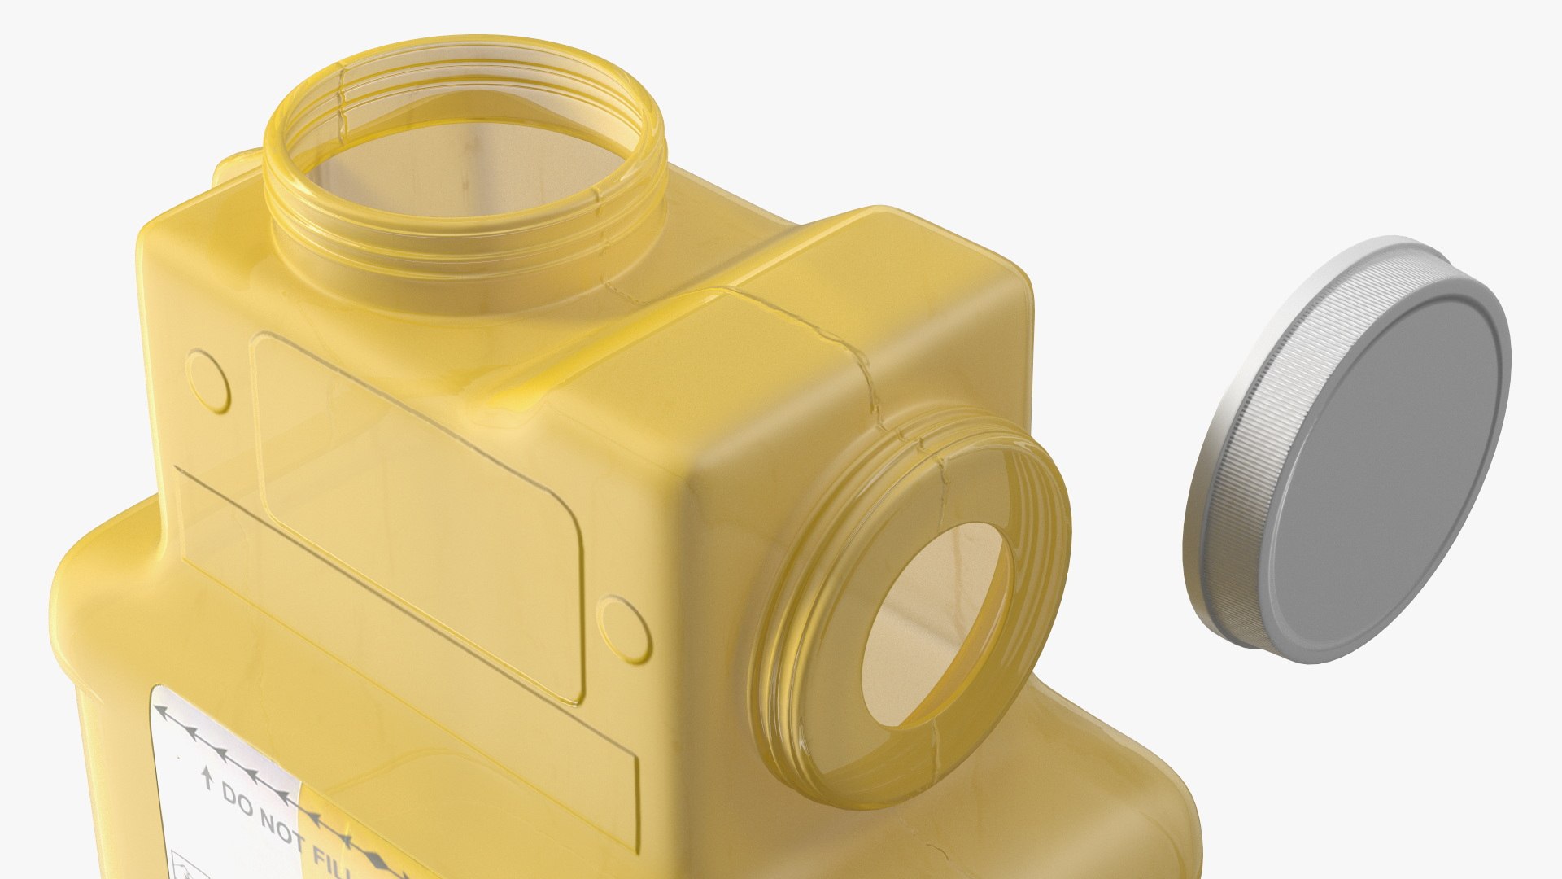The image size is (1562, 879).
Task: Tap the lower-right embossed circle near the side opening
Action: click(624, 628)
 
